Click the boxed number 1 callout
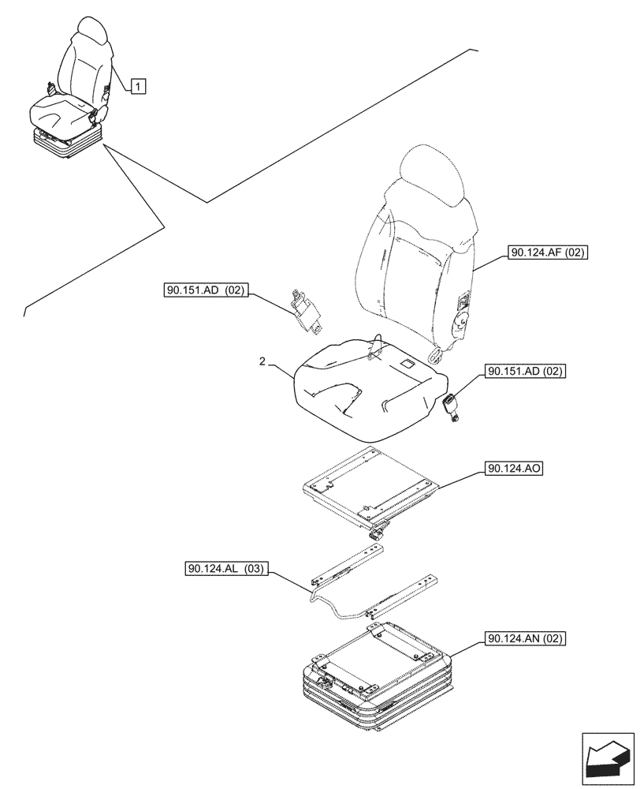tap(138, 86)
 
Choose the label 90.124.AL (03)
tap(227, 568)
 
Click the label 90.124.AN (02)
tap(527, 638)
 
